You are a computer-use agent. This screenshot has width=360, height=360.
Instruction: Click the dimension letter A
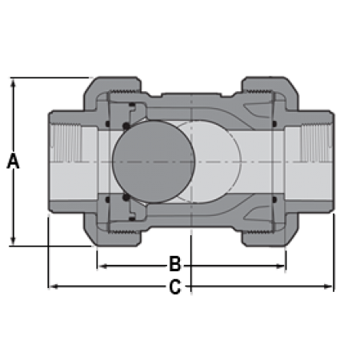pyautogui.click(x=13, y=161)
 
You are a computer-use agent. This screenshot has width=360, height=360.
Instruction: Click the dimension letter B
pyautogui.click(x=175, y=264)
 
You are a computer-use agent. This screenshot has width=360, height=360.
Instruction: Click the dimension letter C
pyautogui.click(x=175, y=287)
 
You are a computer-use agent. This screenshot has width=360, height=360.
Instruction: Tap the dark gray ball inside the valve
pyautogui.click(x=154, y=162)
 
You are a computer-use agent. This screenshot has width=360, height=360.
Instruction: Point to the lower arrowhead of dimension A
pyautogui.click(x=13, y=241)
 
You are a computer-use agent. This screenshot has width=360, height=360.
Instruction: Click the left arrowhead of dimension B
pyautogui.click(x=102, y=266)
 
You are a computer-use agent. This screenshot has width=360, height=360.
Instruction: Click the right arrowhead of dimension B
pyautogui.click(x=280, y=266)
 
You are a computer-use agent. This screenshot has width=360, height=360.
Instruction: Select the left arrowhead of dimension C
pyautogui.click(x=54, y=286)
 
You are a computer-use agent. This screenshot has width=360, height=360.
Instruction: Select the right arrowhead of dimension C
pyautogui.click(x=328, y=286)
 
